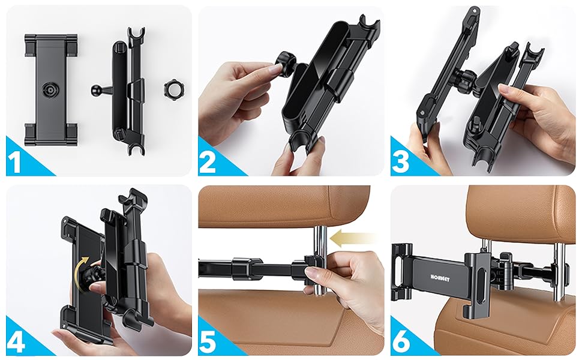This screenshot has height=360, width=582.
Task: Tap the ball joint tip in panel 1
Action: pyautogui.click(x=95, y=89)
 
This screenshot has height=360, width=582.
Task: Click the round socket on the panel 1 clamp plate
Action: pyautogui.click(x=50, y=89)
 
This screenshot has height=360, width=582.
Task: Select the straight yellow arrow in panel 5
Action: pyautogui.click(x=353, y=238)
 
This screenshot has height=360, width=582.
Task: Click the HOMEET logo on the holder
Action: pyautogui.click(x=440, y=278)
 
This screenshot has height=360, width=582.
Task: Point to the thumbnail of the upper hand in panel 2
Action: pyautogui.click(x=277, y=68)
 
